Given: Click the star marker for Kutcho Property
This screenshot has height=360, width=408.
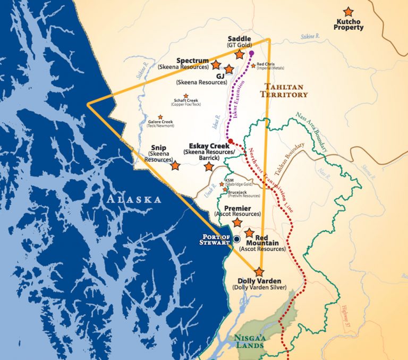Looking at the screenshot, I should point(348,11).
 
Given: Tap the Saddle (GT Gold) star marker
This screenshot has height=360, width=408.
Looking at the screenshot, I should point(240,54).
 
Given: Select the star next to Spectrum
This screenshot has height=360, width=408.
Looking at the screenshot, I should point(216,65).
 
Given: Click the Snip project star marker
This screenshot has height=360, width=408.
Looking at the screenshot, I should point(175,165).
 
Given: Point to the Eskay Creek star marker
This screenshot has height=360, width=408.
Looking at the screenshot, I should point(209,166).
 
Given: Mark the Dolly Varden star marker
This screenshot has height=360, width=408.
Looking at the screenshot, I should point(259,271).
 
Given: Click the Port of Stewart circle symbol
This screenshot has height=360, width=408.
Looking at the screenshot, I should point(236,239).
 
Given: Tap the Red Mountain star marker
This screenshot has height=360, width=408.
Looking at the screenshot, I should point(249,233).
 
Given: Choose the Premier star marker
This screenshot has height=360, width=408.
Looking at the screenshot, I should point(237,222).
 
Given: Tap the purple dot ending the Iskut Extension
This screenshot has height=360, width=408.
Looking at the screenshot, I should point(251,53).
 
